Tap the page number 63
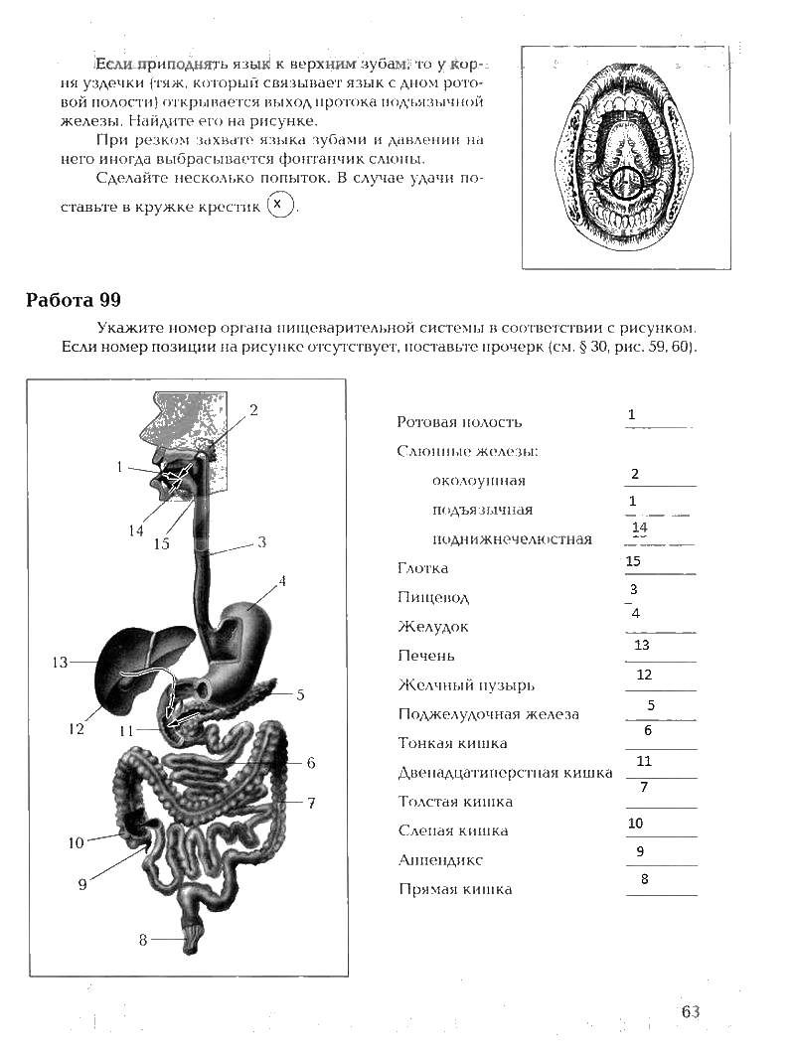point(691,1011)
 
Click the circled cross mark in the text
point(282,205)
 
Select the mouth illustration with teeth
point(624,157)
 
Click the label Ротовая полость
point(458,422)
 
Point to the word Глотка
point(422,568)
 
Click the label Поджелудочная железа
point(488,714)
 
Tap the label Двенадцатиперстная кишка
point(505,773)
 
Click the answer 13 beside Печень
point(641,645)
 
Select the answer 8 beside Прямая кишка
point(644,878)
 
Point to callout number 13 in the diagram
point(59,662)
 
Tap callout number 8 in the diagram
point(143,939)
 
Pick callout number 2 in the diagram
point(253,409)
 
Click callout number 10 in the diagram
point(77,843)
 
